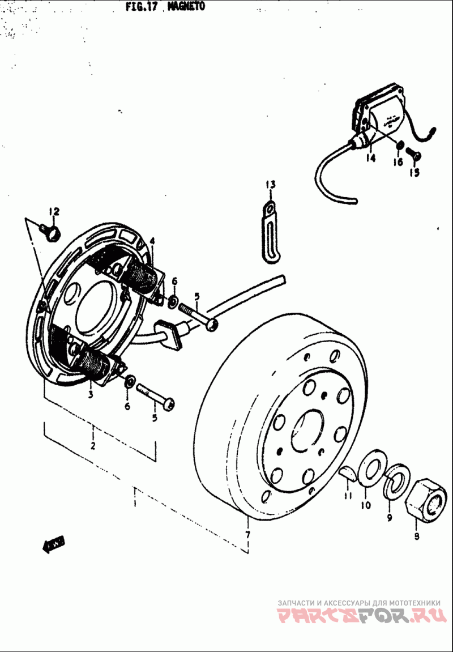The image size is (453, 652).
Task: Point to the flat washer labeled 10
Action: pyautogui.click(x=371, y=468)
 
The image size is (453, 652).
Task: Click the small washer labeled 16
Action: pyautogui.click(x=400, y=146)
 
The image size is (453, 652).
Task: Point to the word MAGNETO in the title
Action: pyautogui.click(x=186, y=6)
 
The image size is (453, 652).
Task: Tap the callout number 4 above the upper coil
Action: pyautogui.click(x=152, y=241)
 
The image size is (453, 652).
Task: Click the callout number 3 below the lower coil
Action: pyautogui.click(x=90, y=395)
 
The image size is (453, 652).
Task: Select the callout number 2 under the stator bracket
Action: pyautogui.click(x=92, y=446)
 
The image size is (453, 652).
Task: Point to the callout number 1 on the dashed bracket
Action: pyautogui.click(x=135, y=502)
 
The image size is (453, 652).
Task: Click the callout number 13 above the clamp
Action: pyautogui.click(x=270, y=184)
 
